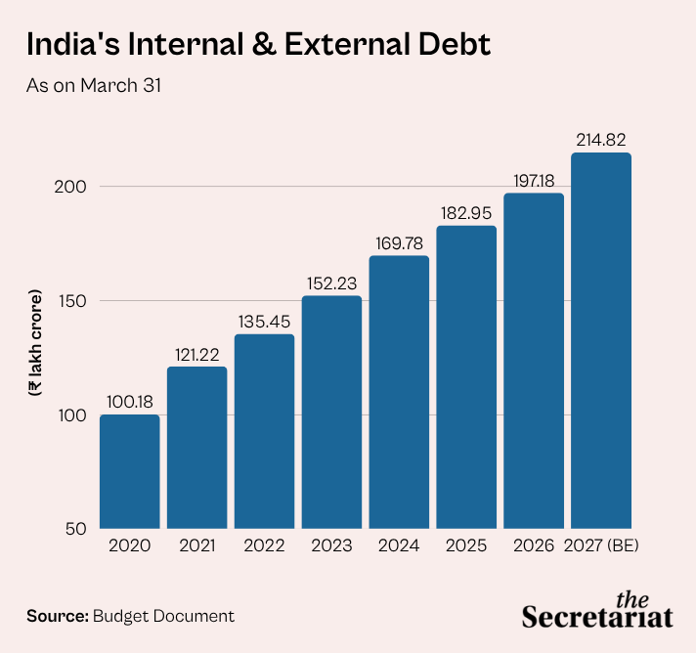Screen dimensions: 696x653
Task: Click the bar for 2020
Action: [x=130, y=471]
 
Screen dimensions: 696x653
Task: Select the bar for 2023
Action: [x=331, y=412]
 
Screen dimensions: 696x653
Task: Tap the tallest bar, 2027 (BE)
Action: [x=601, y=340]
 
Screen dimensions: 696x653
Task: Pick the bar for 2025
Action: [x=466, y=377]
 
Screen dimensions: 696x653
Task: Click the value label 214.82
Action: [x=601, y=140]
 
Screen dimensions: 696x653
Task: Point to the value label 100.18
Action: [x=130, y=402]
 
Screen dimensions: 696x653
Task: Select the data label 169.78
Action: [x=399, y=243]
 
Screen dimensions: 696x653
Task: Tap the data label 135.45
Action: [x=264, y=322]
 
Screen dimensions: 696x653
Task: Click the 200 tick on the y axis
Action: [x=70, y=187]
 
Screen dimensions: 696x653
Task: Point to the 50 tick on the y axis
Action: [x=76, y=529]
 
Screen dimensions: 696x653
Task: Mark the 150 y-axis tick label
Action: [x=72, y=301]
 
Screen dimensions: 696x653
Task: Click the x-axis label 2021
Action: [x=197, y=545]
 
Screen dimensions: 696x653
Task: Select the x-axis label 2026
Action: [x=534, y=545]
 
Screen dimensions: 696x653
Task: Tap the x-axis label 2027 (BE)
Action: [x=601, y=545]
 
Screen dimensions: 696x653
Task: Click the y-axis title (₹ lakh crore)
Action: [x=34, y=343]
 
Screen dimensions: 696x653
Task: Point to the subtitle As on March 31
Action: [x=94, y=85]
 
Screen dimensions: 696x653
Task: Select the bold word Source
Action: [x=58, y=616]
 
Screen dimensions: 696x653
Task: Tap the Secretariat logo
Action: [x=597, y=611]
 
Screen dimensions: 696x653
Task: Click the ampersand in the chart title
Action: [x=264, y=44]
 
